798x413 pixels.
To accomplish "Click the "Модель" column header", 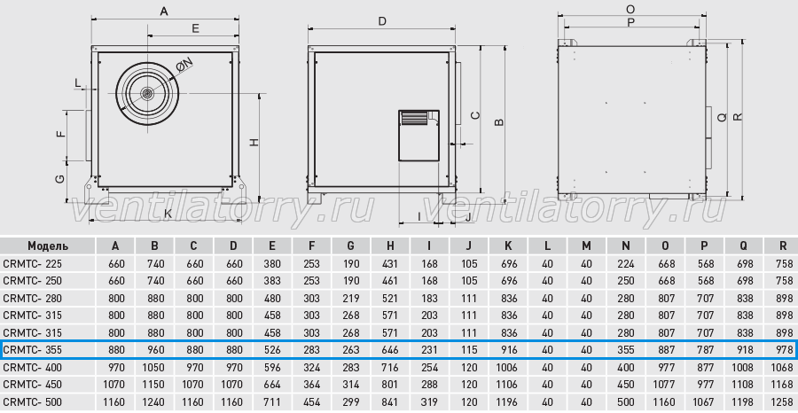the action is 48,246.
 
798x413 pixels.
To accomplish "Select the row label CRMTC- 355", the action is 32,350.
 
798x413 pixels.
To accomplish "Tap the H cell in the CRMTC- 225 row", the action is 390,264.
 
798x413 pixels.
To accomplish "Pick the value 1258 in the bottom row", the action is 783,401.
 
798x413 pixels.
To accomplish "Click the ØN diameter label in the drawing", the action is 184,65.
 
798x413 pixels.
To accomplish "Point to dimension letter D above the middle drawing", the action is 382,21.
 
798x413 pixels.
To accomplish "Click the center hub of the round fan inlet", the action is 147,94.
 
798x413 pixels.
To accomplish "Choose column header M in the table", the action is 586,246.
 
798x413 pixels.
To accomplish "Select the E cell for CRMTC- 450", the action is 272,385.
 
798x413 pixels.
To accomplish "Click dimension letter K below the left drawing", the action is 167,214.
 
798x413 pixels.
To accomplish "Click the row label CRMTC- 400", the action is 32,367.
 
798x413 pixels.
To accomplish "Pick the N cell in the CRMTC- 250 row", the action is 625,281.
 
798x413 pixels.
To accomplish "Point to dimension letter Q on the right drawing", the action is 722,117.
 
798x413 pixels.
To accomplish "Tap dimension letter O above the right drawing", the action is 630,9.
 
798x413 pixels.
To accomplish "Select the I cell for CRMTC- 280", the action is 429,298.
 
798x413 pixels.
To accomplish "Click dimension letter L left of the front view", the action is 78,82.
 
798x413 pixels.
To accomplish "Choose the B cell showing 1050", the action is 154,367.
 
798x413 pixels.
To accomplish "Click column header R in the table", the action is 783,246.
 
